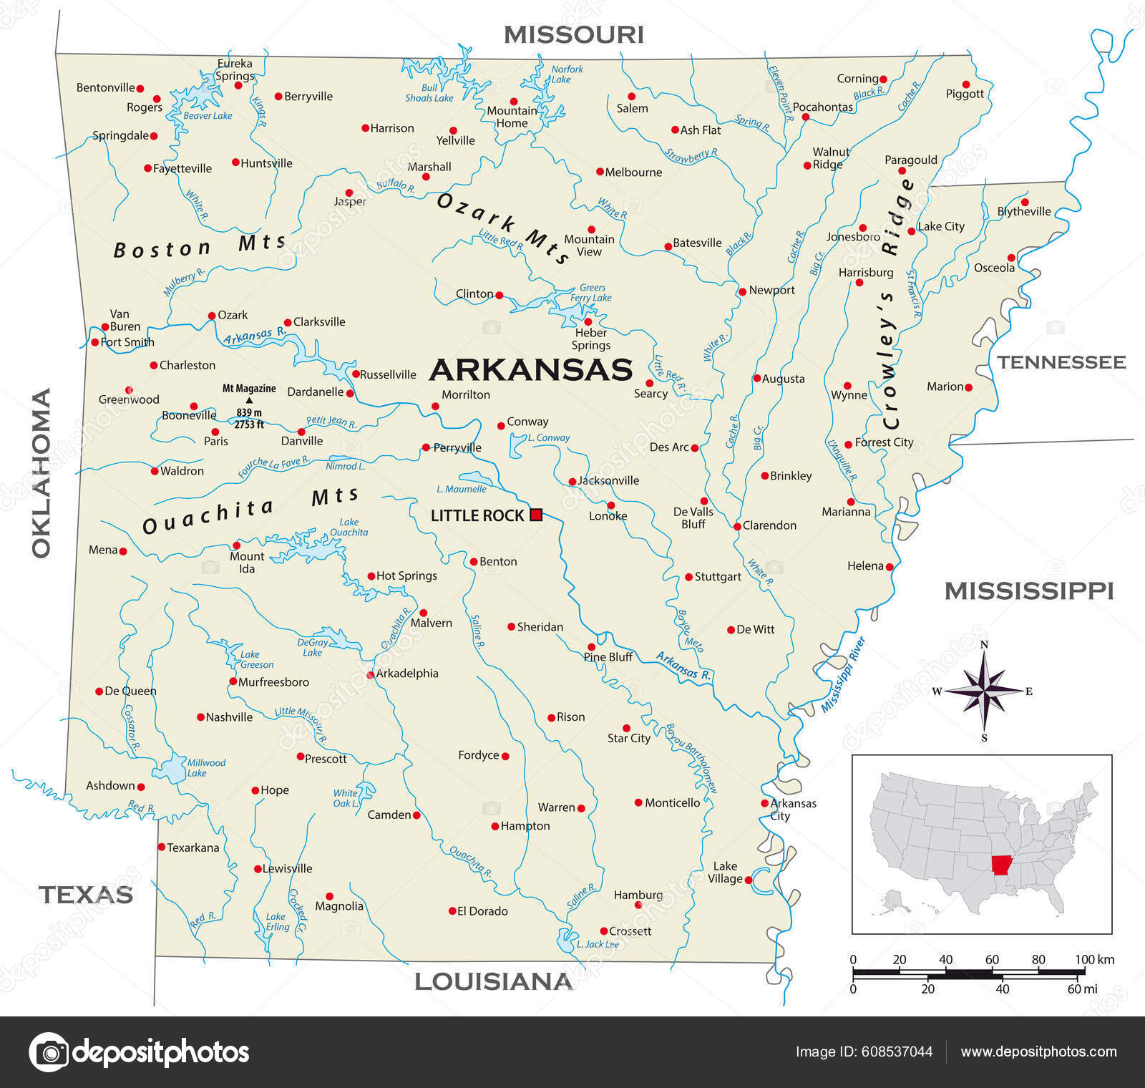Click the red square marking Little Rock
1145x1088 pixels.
536,515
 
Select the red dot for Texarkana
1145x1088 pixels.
161,847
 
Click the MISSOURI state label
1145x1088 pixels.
573,34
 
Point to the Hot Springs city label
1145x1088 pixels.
406,575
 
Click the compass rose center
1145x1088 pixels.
985,691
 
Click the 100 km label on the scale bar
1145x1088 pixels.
1094,959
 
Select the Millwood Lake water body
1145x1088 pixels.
172,769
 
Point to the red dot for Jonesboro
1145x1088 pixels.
863,228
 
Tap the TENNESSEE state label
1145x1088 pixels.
1061,362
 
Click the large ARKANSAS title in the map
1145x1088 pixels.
530,370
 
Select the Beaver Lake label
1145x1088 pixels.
208,116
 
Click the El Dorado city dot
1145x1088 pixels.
452,910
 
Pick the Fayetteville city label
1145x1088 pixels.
182,168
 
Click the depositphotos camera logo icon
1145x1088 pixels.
49,1051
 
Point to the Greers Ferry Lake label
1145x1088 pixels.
591,293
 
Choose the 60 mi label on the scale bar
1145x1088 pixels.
1081,989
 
